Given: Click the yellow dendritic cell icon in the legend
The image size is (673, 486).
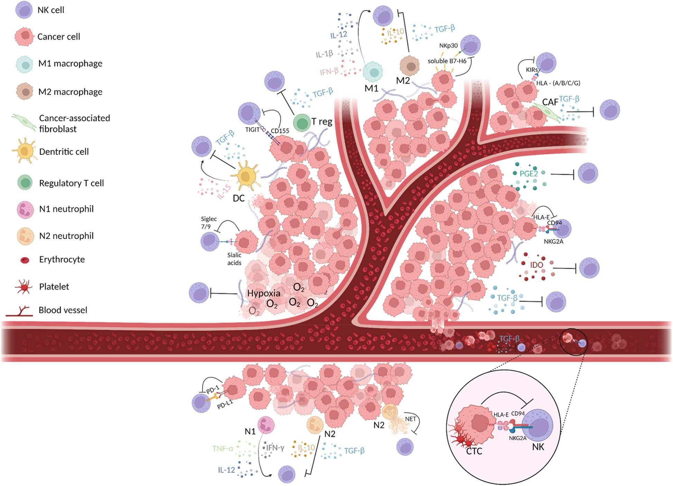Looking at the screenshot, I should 24,151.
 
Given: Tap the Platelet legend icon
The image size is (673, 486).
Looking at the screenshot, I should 24,287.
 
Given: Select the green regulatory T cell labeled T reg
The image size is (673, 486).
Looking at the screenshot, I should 302,123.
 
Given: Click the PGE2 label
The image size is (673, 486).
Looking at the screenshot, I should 528,173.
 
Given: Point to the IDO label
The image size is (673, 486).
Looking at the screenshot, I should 536,265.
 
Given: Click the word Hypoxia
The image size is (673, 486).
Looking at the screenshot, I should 264,293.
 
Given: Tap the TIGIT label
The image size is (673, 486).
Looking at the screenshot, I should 252,130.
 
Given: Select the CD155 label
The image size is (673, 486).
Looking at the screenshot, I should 280,131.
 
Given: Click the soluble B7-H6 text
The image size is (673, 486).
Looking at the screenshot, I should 447,61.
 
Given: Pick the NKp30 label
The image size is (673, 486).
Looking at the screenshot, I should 448,46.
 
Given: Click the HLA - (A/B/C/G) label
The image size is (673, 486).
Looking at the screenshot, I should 558,83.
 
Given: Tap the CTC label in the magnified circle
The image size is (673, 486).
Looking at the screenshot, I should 474,451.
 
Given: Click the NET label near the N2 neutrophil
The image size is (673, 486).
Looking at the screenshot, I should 410,419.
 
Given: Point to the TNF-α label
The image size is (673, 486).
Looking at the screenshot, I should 223,449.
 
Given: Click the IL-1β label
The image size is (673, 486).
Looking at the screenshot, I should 324,54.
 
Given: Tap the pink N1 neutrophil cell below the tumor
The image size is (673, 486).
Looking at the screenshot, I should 266,425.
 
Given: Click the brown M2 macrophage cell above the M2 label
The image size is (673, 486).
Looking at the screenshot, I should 409,66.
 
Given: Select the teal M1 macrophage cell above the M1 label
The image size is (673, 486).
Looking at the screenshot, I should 373,72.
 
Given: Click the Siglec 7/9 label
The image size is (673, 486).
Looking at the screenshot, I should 209,223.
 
